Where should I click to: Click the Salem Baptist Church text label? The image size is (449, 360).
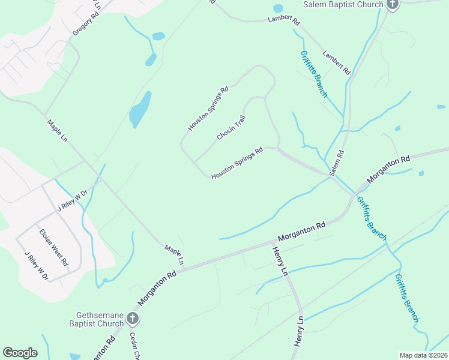click(343, 5)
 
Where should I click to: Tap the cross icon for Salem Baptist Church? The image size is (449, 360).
click(393, 5)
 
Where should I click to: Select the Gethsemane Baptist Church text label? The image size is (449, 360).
click(100, 319)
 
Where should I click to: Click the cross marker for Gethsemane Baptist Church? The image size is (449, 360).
click(133, 319)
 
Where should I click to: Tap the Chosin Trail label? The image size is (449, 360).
click(232, 128)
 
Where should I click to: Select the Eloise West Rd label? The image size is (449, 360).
click(53, 247)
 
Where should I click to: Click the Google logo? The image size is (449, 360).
click(20, 353)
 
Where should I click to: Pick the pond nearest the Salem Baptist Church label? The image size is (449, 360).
click(278, 9)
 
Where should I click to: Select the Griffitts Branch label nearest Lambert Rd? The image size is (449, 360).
click(313, 74)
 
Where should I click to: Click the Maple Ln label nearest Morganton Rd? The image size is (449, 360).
click(173, 254)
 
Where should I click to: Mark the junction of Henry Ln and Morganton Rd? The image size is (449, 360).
click(274, 243)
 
